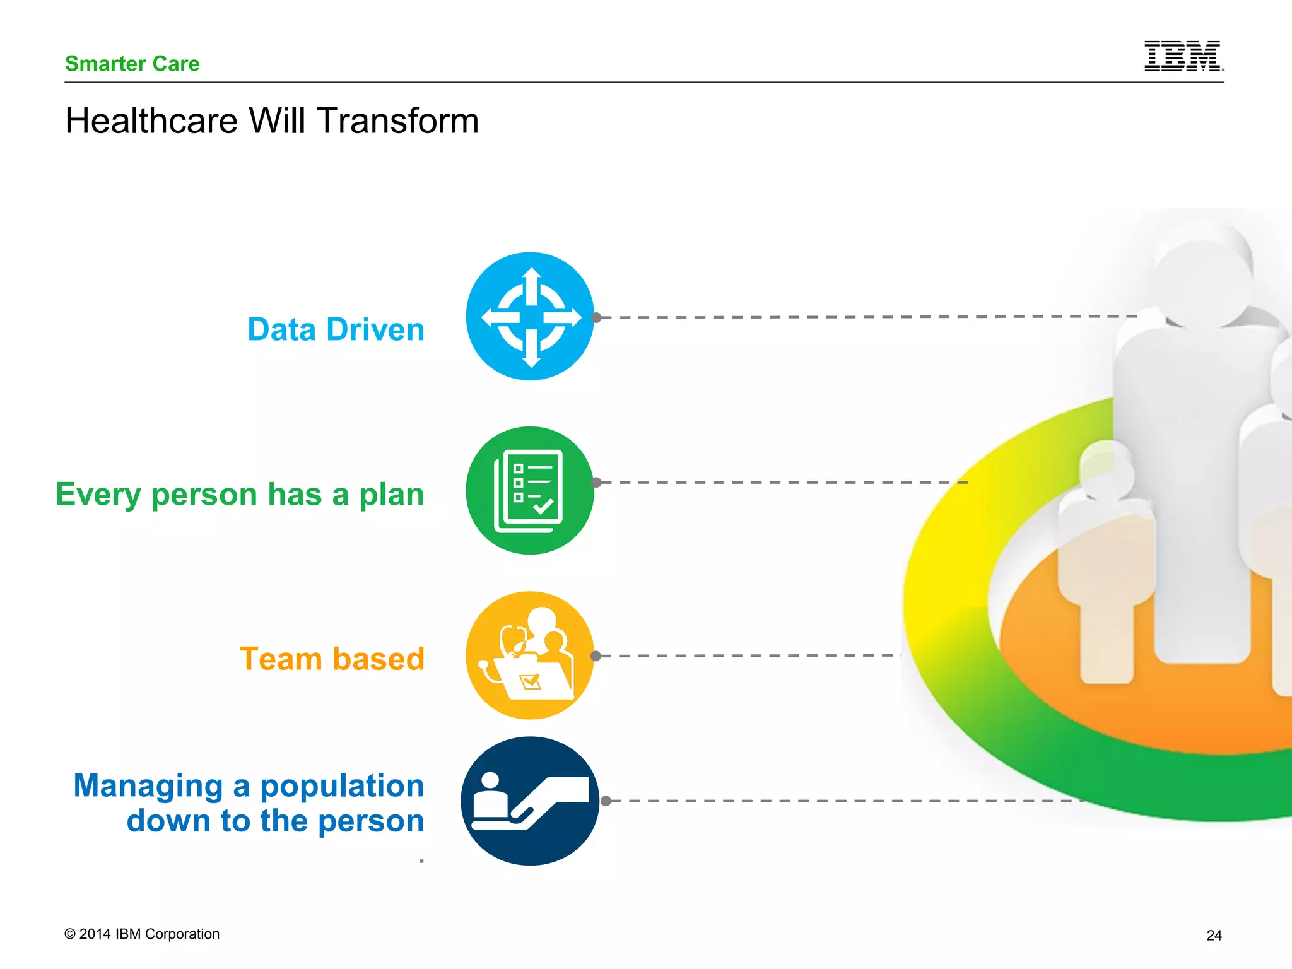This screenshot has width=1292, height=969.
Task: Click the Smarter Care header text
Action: pos(132,64)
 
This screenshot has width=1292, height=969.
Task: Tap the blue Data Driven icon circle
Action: pos(530,316)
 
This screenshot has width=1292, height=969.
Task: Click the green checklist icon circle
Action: pos(530,490)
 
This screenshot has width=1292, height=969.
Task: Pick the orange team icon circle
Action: pos(530,655)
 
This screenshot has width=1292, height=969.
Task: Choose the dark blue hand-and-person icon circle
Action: pos(530,801)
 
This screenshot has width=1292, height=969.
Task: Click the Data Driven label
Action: pos(336,329)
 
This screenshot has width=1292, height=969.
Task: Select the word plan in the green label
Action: pos(391,494)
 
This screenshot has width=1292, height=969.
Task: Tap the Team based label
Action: pos(332,659)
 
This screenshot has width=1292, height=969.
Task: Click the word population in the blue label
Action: pos(341,785)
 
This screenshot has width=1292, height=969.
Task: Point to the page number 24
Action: pos(1214,935)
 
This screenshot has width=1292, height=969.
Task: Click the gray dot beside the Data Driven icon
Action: pos(597,317)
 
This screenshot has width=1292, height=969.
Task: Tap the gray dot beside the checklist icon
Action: pos(597,483)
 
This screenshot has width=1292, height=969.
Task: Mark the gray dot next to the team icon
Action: pos(596,656)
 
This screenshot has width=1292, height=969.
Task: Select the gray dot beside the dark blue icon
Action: pos(606,801)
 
